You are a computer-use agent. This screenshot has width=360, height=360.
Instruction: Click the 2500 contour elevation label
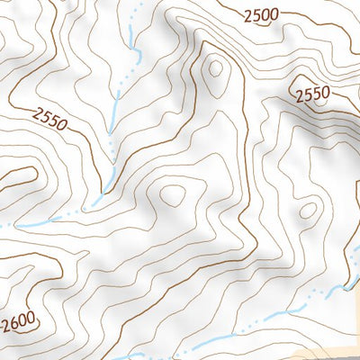point(260,14)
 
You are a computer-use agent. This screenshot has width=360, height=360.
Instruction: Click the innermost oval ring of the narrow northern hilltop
point(214,68)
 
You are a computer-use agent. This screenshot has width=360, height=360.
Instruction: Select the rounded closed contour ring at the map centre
point(171,193)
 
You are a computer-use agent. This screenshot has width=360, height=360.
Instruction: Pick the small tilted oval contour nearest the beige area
point(309,211)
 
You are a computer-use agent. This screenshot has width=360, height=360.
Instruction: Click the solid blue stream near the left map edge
point(27,222)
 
